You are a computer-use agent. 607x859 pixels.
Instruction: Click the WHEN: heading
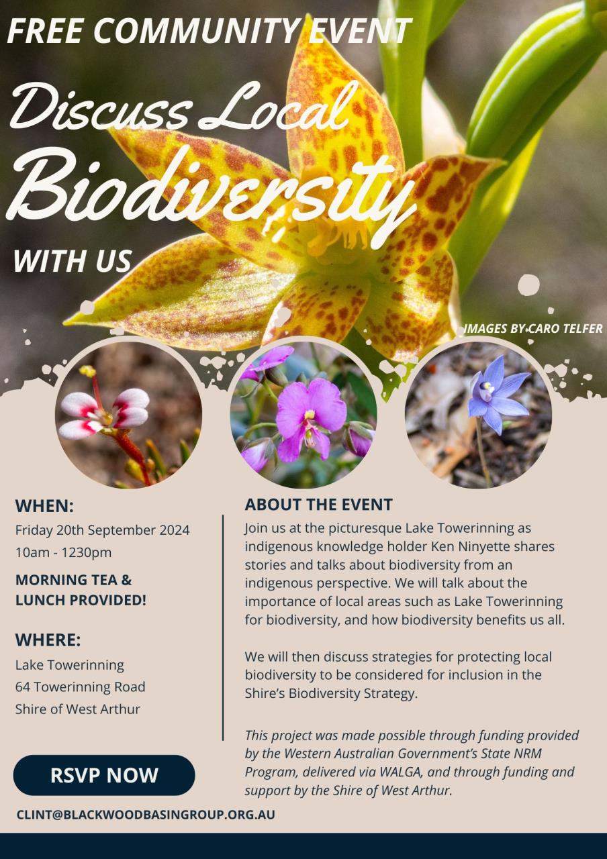(44, 506)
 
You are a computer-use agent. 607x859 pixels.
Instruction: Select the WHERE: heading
(48, 640)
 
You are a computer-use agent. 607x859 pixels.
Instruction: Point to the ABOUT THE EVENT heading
(318, 505)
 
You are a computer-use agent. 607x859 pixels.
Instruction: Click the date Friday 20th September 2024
(103, 530)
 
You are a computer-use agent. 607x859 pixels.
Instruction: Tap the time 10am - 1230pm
(63, 552)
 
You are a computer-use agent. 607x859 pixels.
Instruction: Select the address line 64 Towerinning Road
(80, 687)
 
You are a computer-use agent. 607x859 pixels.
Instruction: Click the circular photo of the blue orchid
(478, 415)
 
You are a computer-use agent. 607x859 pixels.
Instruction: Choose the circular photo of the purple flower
(303, 415)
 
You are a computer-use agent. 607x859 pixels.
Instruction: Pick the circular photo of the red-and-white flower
(128, 415)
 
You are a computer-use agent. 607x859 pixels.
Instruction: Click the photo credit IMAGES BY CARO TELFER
(533, 329)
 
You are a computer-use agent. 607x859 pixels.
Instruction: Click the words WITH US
(73, 261)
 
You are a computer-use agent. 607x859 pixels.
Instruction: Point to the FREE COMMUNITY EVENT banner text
(209, 31)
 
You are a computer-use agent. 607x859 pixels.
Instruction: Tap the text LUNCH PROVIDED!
(81, 600)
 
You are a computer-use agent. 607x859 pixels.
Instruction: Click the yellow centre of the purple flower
(310, 415)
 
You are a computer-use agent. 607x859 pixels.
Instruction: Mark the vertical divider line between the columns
(223, 627)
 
